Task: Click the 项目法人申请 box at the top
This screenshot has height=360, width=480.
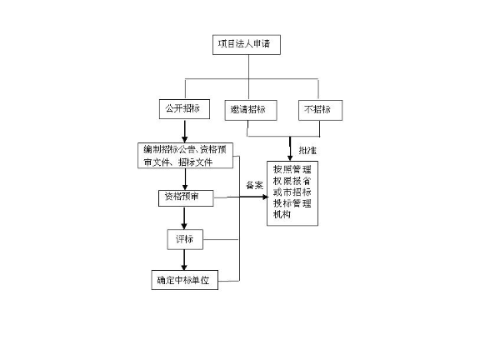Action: pos(246,44)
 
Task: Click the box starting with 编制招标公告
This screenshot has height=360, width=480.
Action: pos(185,154)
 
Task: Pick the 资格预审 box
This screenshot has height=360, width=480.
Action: pos(184,197)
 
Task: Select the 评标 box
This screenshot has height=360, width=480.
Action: pos(183,239)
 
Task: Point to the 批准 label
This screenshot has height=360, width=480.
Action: pos(307,148)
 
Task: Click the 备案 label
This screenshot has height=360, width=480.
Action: pos(254,184)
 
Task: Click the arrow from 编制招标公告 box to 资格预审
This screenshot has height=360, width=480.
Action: pos(184,177)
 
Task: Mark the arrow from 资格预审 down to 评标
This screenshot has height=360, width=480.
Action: pos(184,217)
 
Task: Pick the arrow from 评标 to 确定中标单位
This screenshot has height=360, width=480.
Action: pos(184,259)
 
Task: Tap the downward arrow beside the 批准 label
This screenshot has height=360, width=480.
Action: pos(291,147)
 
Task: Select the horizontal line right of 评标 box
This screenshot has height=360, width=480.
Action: pos(221,239)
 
